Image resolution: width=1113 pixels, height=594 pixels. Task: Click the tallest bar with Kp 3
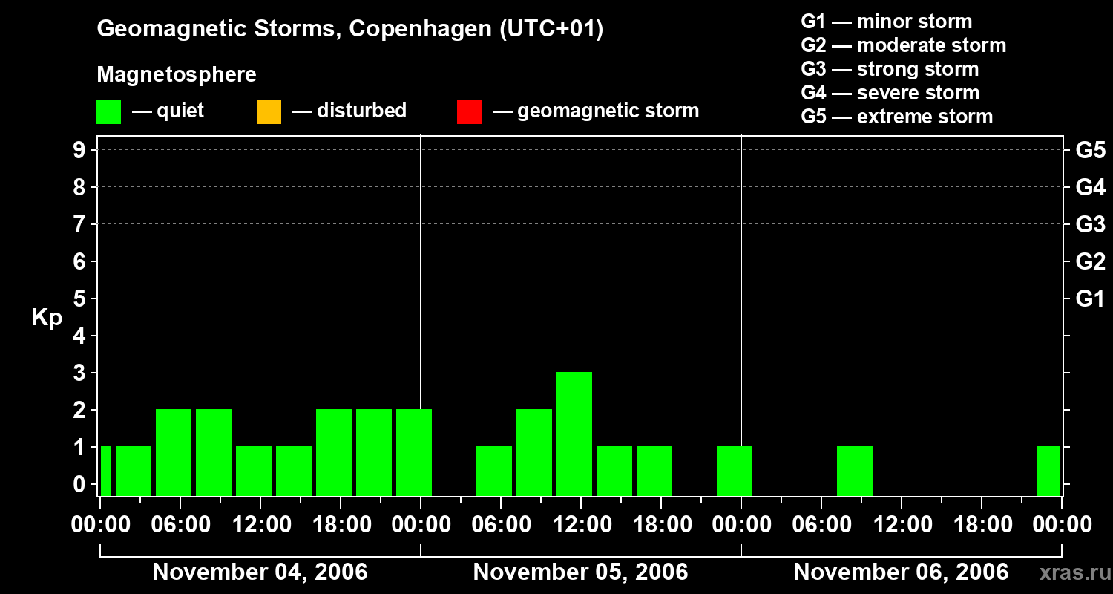tap(574, 434)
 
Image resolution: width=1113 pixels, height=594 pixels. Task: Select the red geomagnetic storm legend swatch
tap(469, 112)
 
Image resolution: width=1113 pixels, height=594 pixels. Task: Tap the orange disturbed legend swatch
tap(269, 112)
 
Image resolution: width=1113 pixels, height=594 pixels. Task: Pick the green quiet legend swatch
tap(108, 112)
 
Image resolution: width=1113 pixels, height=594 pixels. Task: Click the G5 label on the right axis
tap(1090, 151)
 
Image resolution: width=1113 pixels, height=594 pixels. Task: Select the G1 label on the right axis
tap(1090, 299)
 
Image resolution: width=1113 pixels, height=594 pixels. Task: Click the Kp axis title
tap(47, 318)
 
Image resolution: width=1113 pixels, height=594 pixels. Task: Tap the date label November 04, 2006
tap(260, 572)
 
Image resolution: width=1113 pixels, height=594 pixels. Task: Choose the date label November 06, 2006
tap(901, 572)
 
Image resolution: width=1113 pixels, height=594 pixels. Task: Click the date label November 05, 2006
tap(580, 572)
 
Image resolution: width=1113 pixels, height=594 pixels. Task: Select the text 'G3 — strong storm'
tap(890, 69)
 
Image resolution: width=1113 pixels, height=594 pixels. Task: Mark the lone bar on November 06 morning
tap(855, 471)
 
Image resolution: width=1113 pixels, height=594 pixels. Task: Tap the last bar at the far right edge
tap(1048, 471)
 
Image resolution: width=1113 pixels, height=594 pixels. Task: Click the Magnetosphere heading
tap(177, 75)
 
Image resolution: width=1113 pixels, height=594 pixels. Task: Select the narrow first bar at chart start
tap(106, 471)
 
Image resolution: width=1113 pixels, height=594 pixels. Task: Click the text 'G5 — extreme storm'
tap(896, 117)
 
